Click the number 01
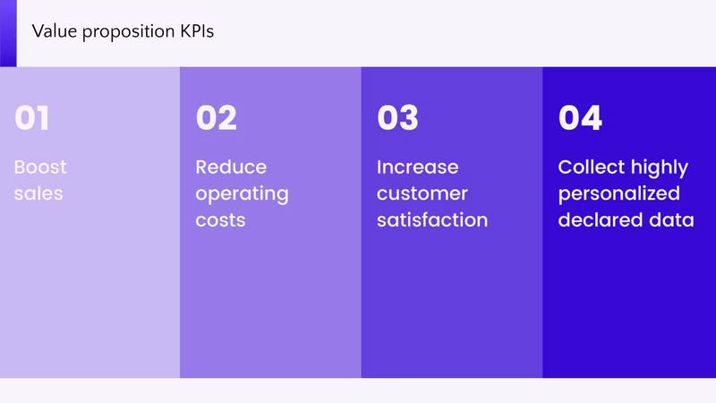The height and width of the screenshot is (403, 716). [31, 118]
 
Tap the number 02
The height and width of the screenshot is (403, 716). [217, 118]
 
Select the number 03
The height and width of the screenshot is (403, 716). [397, 118]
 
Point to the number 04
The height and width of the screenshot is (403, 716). [580, 118]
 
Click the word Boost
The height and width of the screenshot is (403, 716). [40, 167]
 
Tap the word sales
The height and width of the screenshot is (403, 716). [38, 193]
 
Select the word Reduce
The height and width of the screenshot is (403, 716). [231, 167]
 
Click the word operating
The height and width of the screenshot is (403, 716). [242, 194]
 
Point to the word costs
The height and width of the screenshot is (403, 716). [220, 220]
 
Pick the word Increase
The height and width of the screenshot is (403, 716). [418, 167]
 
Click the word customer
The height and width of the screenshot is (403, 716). [422, 194]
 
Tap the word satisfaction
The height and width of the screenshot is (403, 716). [432, 220]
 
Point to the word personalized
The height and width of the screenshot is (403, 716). [619, 194]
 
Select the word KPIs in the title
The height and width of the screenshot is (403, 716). [197, 31]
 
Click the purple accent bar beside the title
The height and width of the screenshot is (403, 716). [8, 33]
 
